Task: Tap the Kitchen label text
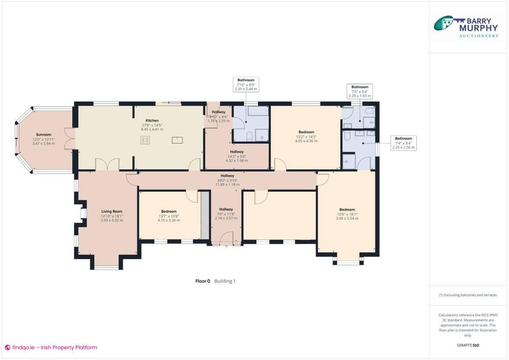[x=152, y=121]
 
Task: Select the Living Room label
[x=112, y=211]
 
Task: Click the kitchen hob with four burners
[x=145, y=140]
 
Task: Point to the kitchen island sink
[x=177, y=140]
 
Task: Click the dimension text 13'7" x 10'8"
[x=169, y=216]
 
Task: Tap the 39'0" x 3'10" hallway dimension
[x=227, y=180]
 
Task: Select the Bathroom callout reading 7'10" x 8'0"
[x=246, y=84]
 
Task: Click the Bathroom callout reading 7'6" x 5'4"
[x=360, y=91]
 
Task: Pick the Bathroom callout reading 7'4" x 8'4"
[x=403, y=143]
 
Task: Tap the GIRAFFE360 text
[x=467, y=345]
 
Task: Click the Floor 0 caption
[x=202, y=281]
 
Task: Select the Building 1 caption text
[x=225, y=281]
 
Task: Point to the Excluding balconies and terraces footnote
[x=467, y=295]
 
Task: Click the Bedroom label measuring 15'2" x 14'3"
[x=306, y=132]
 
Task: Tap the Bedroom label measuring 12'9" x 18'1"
[x=347, y=209]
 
